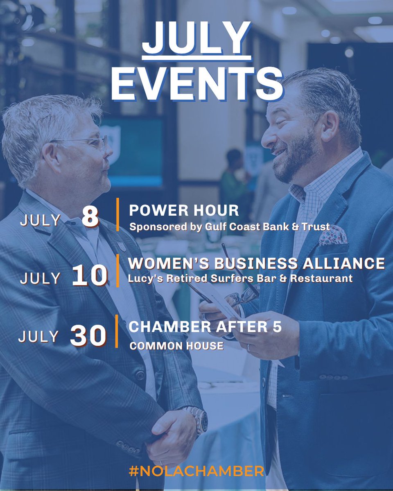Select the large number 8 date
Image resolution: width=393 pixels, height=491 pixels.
pos(90,218)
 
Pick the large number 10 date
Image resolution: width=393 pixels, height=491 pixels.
pos(89,276)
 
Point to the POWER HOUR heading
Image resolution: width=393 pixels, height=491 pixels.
pos(184,210)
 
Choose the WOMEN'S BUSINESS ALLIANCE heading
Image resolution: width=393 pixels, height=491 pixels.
pos(257,263)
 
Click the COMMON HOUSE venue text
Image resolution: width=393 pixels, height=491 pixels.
pos(176,346)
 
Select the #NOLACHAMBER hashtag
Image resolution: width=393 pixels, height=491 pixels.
pos(196,471)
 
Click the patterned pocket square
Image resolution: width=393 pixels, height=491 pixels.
pos(332,236)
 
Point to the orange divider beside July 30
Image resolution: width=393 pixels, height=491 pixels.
pos(117,331)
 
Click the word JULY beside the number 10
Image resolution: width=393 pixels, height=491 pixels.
pos(40,278)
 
